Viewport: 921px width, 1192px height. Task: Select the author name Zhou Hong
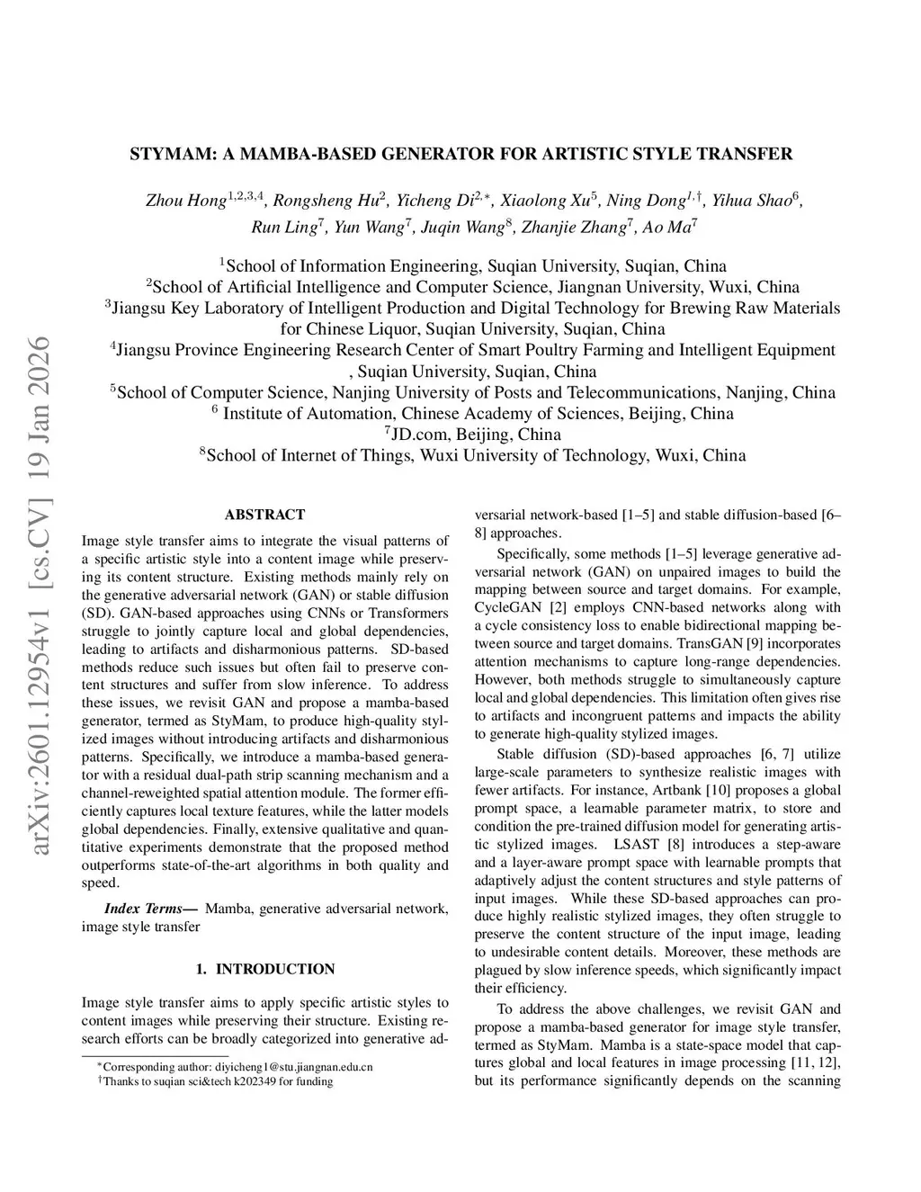pos(185,201)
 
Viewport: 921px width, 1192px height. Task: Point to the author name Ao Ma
pos(666,228)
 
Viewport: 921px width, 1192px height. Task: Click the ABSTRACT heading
pos(264,515)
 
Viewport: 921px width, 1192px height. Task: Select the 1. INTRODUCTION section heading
pos(264,969)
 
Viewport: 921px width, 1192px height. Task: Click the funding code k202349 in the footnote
pos(257,1081)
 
